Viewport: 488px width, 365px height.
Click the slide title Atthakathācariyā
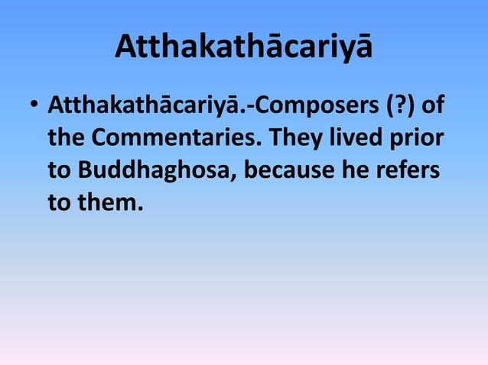tap(244, 47)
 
